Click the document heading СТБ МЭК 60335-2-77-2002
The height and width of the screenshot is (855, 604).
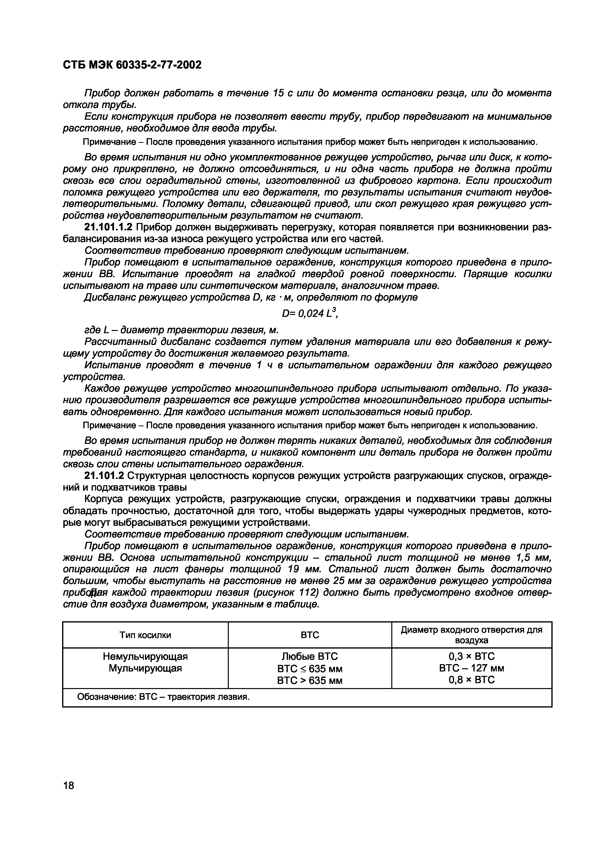click(x=132, y=65)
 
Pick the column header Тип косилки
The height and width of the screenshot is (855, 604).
click(x=145, y=635)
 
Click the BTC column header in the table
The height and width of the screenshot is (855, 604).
click(x=310, y=635)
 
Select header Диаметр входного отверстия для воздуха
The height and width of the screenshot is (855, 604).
click(x=471, y=635)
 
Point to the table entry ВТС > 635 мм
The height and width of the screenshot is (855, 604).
click(x=310, y=680)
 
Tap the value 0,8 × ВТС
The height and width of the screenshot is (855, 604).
click(x=471, y=680)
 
